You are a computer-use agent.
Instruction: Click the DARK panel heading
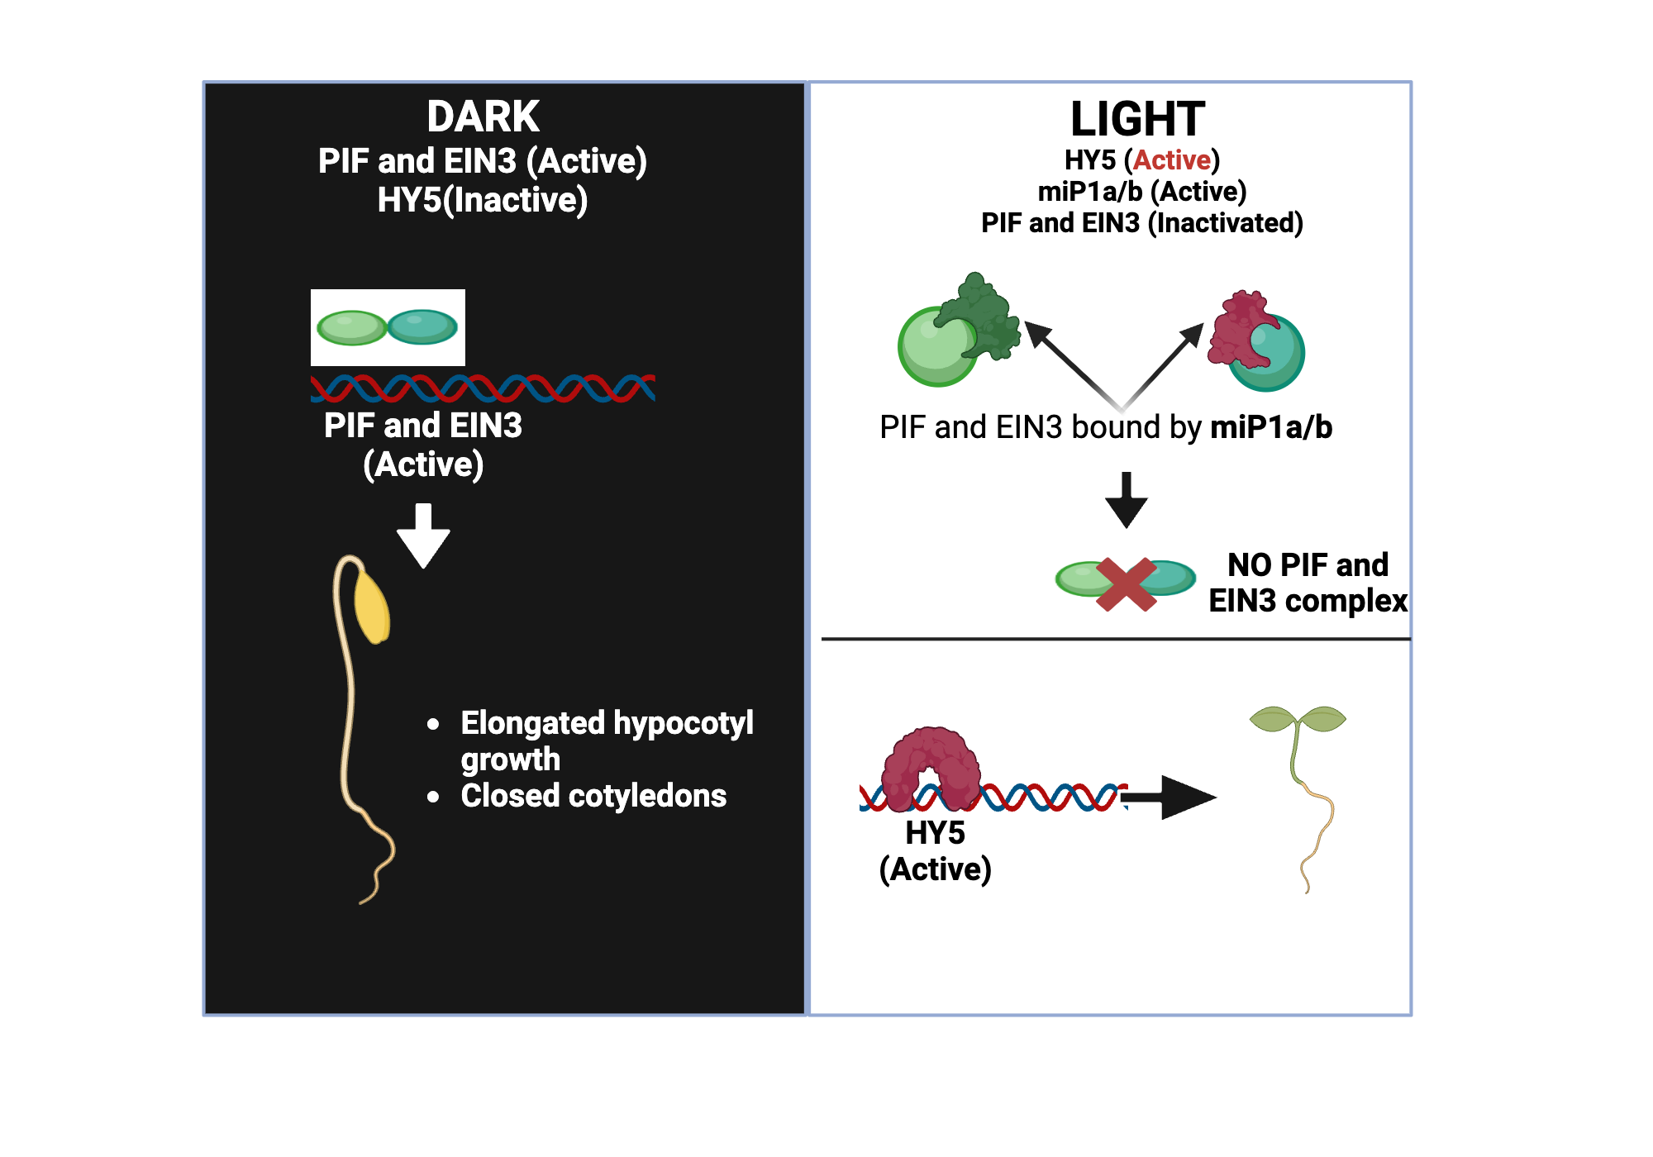point(483,117)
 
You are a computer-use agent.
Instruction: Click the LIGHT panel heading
point(1137,119)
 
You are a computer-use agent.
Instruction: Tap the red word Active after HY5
point(1172,160)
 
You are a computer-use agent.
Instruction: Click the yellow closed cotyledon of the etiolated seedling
point(372,607)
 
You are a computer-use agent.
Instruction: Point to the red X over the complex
point(1126,584)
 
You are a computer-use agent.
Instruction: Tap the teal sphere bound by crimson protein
point(1273,359)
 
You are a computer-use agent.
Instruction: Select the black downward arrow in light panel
point(1126,500)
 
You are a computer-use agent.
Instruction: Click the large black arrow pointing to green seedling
point(1174,798)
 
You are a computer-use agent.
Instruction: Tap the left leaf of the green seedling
point(1272,719)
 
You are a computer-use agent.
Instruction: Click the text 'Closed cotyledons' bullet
point(593,796)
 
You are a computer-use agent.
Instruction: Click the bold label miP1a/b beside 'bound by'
point(1271,427)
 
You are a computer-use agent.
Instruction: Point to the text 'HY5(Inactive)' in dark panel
point(483,200)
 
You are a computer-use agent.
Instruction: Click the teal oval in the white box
point(422,327)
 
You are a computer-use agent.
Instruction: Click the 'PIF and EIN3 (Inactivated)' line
point(1141,223)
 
